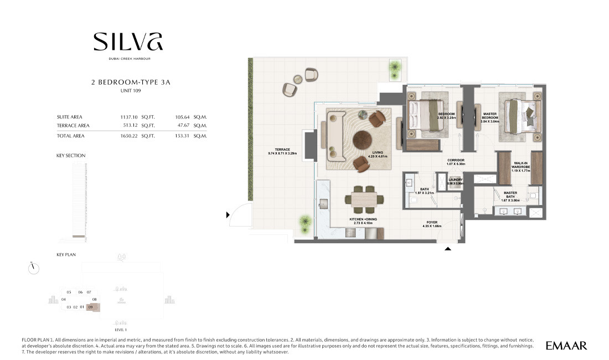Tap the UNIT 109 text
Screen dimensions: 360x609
tap(131, 90)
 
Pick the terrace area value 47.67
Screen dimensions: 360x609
tap(183, 125)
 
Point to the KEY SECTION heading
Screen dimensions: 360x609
tap(71, 156)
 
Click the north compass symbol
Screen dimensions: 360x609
tap(33, 268)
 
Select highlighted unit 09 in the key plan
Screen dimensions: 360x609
tap(92, 307)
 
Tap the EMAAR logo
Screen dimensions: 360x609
tap(566, 346)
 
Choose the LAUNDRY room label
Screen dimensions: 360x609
tap(455, 181)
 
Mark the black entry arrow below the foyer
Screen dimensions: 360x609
tap(448, 249)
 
